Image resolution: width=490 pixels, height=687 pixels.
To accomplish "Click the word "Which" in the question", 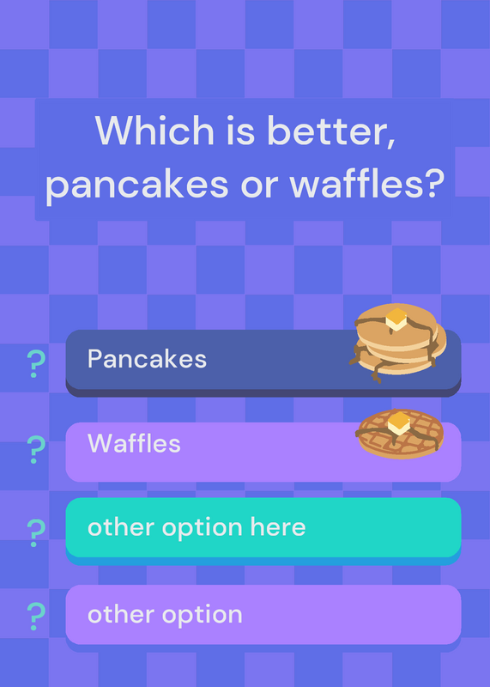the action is pyautogui.click(x=154, y=131).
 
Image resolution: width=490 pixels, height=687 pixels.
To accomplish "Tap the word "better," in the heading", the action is pyautogui.click(x=331, y=131).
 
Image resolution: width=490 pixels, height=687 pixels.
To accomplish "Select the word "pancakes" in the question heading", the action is pyautogui.click(x=137, y=185).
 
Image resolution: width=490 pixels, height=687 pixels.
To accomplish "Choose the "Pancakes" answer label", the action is pyautogui.click(x=147, y=359).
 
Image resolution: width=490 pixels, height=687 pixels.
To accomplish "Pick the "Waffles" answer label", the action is pyautogui.click(x=134, y=443).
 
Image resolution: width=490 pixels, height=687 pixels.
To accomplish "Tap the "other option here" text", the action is pyautogui.click(x=197, y=527).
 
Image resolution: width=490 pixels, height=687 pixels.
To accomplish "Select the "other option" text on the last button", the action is pyautogui.click(x=165, y=614).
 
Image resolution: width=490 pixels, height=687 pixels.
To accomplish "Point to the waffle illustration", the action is pyautogui.click(x=399, y=434).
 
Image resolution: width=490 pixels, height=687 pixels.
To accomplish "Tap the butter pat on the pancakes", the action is pyautogui.click(x=396, y=319).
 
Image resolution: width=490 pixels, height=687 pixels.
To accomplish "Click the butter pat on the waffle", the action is pyautogui.click(x=399, y=423).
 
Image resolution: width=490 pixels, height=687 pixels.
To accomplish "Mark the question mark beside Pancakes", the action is pyautogui.click(x=36, y=363).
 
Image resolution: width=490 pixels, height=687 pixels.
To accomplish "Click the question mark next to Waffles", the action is pyautogui.click(x=36, y=450).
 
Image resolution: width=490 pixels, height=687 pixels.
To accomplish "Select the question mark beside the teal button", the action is pyautogui.click(x=36, y=533).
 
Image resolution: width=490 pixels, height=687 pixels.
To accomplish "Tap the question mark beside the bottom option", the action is pyautogui.click(x=36, y=617).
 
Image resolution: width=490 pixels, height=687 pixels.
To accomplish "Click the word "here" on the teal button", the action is pyautogui.click(x=278, y=526).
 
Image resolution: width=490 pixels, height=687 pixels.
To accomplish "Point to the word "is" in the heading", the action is pyautogui.click(x=240, y=131).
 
